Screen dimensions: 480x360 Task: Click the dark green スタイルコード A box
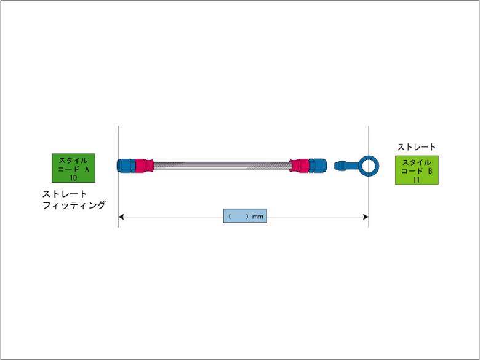(x=73, y=168)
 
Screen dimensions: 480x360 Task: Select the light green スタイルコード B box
(x=417, y=170)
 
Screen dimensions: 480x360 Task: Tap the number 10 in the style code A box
(x=73, y=178)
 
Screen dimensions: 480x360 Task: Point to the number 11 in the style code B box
(x=417, y=180)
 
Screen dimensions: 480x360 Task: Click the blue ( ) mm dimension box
(x=245, y=216)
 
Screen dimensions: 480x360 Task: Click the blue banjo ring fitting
(x=369, y=166)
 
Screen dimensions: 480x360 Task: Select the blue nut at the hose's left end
(x=126, y=166)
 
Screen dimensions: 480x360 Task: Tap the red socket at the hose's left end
(x=144, y=166)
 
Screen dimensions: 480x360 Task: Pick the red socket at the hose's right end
(x=299, y=166)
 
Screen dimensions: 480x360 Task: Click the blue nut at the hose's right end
(x=318, y=166)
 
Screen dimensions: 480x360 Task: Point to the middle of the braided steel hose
(x=222, y=166)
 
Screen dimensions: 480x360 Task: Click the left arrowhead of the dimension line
(x=121, y=217)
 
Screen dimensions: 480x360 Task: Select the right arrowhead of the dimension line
(x=366, y=217)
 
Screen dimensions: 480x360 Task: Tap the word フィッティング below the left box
(x=74, y=205)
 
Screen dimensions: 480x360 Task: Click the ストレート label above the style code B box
(x=417, y=147)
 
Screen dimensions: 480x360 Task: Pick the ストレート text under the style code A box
(x=65, y=194)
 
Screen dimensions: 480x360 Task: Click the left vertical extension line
(x=118, y=177)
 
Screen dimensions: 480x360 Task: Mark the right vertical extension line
(x=369, y=177)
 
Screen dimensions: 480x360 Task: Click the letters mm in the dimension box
(x=258, y=217)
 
